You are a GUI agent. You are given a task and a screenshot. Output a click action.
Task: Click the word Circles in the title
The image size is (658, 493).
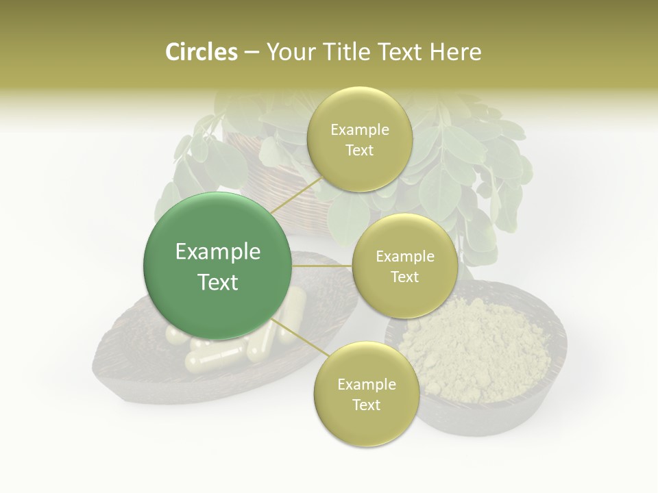click(x=201, y=52)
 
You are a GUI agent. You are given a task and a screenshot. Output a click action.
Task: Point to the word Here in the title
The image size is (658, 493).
click(x=454, y=52)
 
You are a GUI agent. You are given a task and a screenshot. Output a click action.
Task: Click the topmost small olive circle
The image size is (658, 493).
click(x=359, y=139)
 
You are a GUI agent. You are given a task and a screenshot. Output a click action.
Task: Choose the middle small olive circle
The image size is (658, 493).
click(x=404, y=266)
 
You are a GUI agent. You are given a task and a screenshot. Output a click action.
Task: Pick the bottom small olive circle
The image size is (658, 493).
click(x=366, y=394)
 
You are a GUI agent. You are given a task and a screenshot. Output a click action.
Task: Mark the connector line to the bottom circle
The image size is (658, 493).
click(x=295, y=333)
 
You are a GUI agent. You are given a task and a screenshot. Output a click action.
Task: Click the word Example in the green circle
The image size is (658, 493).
click(x=218, y=252)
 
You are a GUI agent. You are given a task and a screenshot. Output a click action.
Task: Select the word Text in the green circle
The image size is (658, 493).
click(x=218, y=282)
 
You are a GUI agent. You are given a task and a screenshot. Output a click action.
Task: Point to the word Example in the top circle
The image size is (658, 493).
click(x=359, y=129)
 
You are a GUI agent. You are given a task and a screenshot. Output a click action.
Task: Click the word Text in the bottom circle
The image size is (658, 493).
click(x=366, y=405)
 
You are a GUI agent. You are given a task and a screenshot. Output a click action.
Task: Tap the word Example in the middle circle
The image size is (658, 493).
click(x=404, y=257)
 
